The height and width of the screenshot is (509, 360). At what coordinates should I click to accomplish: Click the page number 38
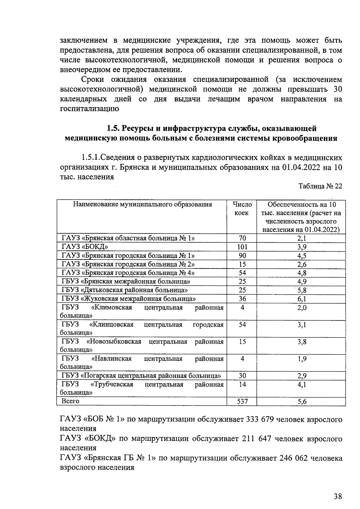[x=338, y=496]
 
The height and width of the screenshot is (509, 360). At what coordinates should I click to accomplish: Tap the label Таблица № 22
[x=320, y=186]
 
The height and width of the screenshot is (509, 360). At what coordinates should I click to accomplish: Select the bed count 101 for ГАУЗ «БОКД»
[x=242, y=247]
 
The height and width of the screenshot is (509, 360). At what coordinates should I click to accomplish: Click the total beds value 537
[x=242, y=401]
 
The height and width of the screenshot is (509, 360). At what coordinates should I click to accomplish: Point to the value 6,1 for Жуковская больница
[x=302, y=299]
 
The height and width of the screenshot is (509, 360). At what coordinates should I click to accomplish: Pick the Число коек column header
[x=242, y=209]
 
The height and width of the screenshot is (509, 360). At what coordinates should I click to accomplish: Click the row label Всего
[x=70, y=401]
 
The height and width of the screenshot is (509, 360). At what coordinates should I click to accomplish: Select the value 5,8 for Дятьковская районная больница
[x=302, y=290]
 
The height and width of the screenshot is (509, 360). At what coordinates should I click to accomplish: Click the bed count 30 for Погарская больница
[x=242, y=376]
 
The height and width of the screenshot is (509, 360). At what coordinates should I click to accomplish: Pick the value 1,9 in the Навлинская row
[x=302, y=359]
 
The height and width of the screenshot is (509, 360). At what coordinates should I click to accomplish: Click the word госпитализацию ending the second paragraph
[x=89, y=109]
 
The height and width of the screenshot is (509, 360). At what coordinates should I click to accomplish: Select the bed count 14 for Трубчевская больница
[x=242, y=385]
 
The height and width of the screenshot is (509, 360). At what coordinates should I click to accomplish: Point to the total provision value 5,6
[x=302, y=402]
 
